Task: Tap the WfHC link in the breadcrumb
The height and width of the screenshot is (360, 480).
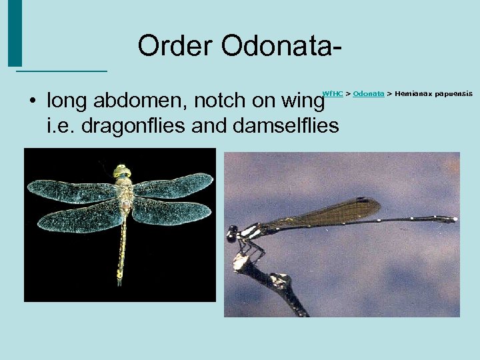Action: click(333, 94)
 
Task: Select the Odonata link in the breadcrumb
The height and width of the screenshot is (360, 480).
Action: click(369, 94)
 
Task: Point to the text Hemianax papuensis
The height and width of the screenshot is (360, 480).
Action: click(433, 94)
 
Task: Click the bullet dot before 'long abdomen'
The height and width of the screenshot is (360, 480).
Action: click(31, 102)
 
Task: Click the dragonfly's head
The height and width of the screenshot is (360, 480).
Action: click(122, 171)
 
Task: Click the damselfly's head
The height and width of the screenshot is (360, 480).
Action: click(233, 234)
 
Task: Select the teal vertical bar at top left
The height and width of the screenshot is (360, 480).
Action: click(15, 33)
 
